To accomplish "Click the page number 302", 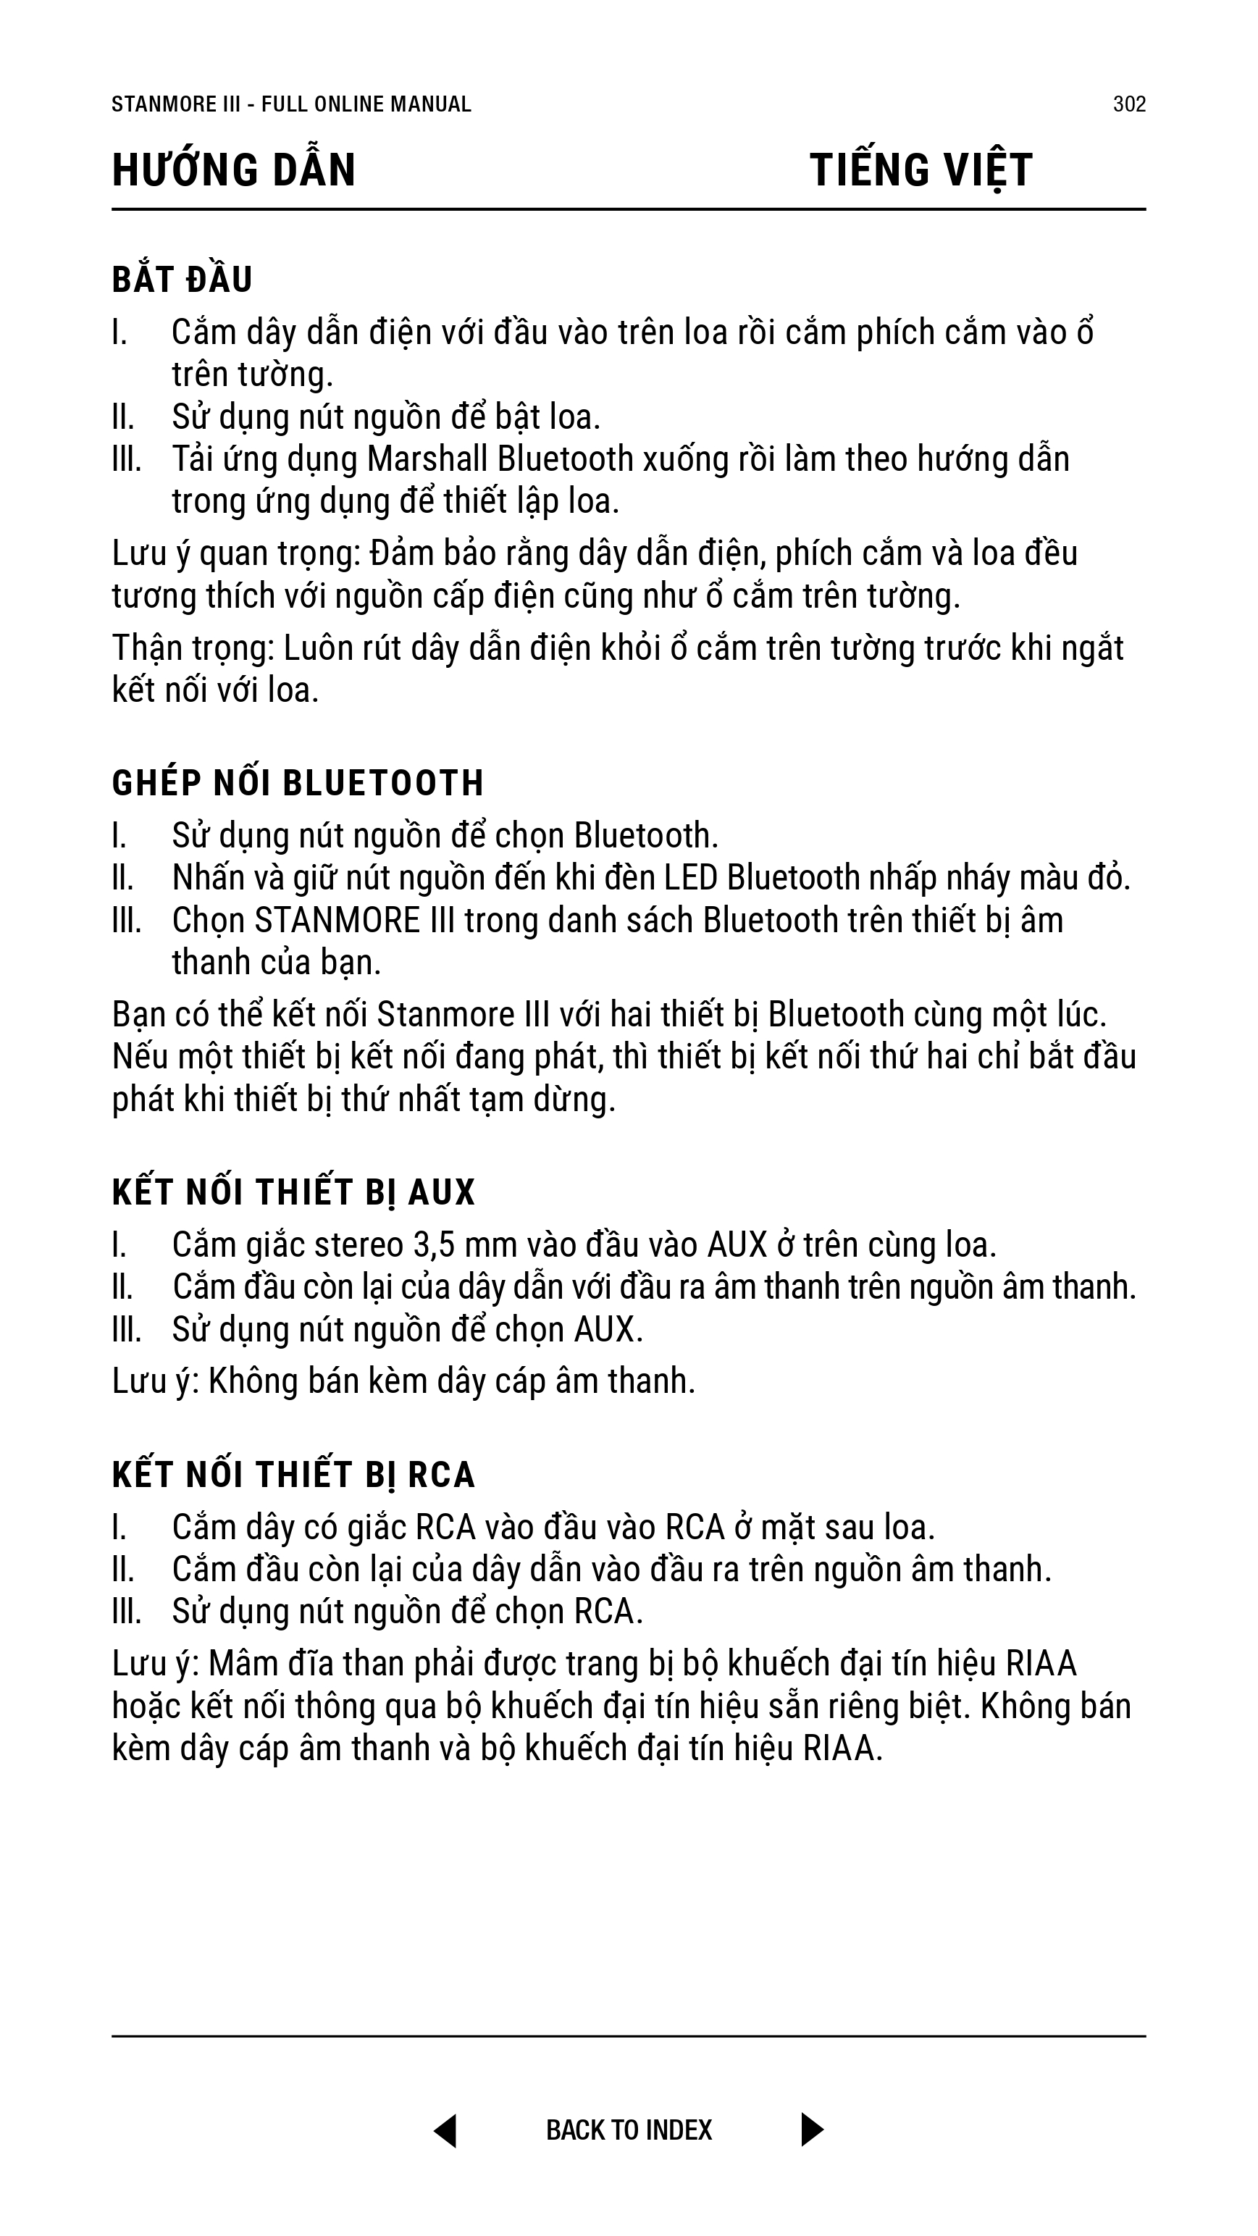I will (x=1128, y=104).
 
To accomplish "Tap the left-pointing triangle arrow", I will (x=445, y=2130).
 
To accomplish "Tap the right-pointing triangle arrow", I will (x=812, y=2130).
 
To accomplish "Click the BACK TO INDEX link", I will (x=629, y=2130).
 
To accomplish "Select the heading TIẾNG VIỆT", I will (x=921, y=170).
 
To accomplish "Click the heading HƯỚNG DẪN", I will (x=233, y=170).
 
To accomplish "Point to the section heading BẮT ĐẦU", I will (x=183, y=280).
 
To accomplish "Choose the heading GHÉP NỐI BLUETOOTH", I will (x=298, y=783).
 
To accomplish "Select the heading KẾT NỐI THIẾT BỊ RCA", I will (x=293, y=1475).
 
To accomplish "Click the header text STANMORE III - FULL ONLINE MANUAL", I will (x=291, y=104).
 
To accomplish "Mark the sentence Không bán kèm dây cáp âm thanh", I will (x=451, y=1381).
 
